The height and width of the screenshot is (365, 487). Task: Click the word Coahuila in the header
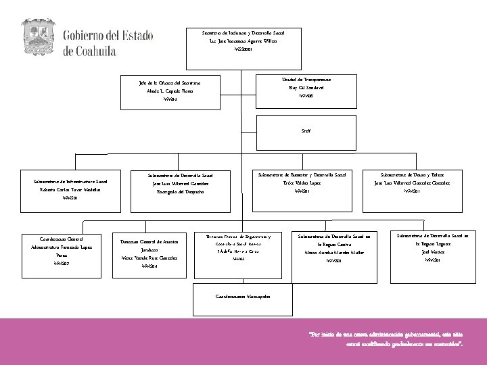tap(90, 51)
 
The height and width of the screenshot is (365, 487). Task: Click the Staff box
tap(306, 131)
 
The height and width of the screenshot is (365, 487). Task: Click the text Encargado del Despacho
tap(181, 193)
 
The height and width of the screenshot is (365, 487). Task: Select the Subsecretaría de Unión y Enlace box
tap(412, 183)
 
